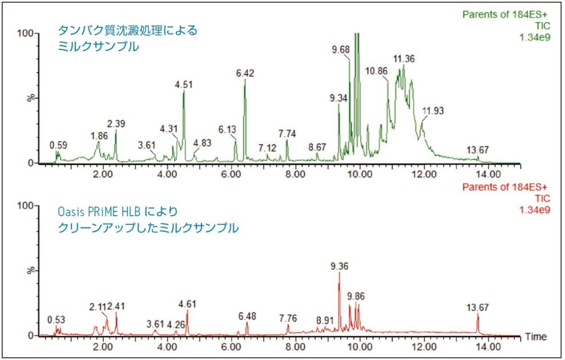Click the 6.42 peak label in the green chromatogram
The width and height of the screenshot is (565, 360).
tap(245, 74)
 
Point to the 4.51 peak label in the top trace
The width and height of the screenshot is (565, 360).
tap(184, 85)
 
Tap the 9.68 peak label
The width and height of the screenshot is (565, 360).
tap(341, 49)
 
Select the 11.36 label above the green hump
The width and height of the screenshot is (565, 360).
tap(404, 59)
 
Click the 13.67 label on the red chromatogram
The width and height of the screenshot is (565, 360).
tap(478, 307)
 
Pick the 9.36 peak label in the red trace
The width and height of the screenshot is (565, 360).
tap(339, 266)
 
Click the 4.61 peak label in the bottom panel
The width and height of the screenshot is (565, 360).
tap(187, 304)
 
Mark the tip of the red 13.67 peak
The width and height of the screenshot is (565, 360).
tap(478, 314)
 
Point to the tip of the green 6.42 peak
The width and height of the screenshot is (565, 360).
tap(245, 79)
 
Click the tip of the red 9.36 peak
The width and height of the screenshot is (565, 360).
tap(339, 272)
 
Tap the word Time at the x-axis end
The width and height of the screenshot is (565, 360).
tap(536, 337)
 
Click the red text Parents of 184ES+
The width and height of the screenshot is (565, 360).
tap(506, 187)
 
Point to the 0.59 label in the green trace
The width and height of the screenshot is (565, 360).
tap(58, 145)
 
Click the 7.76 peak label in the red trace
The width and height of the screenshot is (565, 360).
tap(288, 318)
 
